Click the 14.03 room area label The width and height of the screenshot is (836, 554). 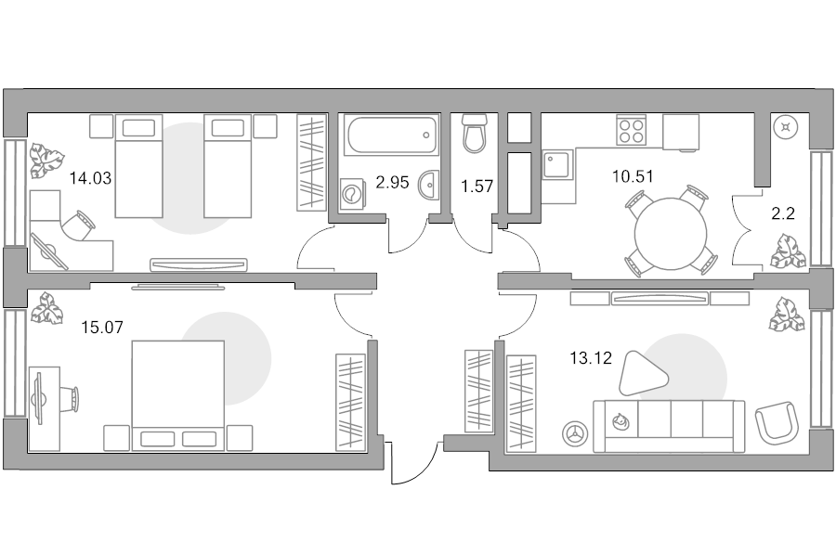click(91, 178)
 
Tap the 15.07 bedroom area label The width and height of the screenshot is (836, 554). click(102, 327)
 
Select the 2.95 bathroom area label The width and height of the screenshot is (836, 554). click(392, 182)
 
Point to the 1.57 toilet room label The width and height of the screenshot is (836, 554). click(477, 187)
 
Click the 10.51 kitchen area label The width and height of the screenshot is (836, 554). click(633, 175)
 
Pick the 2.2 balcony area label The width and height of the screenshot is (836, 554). click(783, 213)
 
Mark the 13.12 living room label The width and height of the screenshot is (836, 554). click(591, 358)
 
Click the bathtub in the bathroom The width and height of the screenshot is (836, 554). click(392, 135)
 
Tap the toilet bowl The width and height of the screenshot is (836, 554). click(474, 133)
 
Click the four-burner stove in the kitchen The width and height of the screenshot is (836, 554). click(630, 129)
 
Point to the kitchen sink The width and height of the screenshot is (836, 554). click(558, 164)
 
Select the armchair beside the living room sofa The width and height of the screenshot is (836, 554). click(777, 422)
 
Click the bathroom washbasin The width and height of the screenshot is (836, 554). click(429, 185)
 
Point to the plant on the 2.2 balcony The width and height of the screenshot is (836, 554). click(788, 251)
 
